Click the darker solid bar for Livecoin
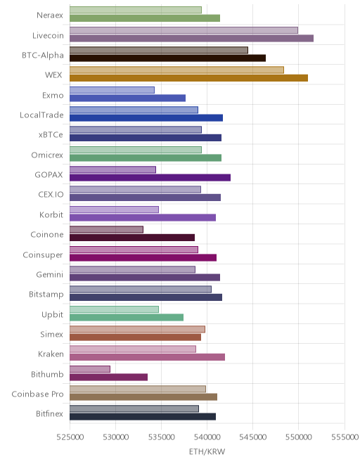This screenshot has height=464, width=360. coord(191,38)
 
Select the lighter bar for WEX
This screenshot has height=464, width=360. coord(176,70)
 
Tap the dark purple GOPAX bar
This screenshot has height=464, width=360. coord(150,178)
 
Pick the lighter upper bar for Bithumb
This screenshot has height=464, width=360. coord(90,369)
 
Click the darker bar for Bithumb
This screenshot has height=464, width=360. coord(109,377)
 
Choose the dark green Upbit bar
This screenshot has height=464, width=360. coord(127,317)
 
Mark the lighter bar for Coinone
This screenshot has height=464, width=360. coord(107,229)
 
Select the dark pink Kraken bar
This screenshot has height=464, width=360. coord(148,357)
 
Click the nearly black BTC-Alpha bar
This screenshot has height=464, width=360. coord(168,58)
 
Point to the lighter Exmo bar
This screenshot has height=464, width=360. coord(112,90)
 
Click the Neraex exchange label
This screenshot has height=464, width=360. coord(50,15)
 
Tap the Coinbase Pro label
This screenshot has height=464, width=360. coord(37,394)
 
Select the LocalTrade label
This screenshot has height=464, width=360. coord(41,115)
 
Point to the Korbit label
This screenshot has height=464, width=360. coord(51,214)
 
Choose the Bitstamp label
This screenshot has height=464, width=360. coord(46,295)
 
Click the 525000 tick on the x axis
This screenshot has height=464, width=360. coord(70,437)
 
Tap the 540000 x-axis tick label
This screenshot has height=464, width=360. coord(207,437)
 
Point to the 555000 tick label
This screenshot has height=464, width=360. coord(345,437)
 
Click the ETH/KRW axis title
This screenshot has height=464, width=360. coord(207,452)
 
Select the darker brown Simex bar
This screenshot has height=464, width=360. coord(136,337)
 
